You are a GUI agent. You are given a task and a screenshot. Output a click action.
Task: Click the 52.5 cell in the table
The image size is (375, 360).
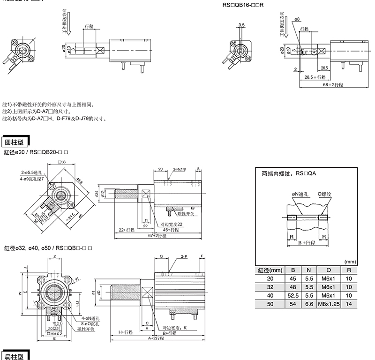293,295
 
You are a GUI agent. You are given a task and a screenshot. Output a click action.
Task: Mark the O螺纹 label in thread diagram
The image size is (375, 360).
325,194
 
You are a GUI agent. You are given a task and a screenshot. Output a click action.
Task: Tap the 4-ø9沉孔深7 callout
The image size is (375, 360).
31,179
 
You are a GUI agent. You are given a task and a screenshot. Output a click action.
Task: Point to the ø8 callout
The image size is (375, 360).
297,19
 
